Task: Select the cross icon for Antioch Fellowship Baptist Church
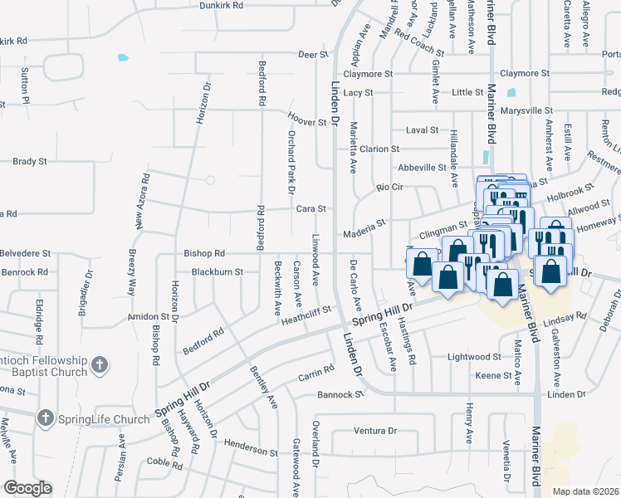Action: tap(99, 364)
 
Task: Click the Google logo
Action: tap(27, 488)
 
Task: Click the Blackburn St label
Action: tap(217, 271)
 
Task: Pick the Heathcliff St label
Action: tap(306, 314)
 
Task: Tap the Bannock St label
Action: tap(340, 395)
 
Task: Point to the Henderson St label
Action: tap(250, 452)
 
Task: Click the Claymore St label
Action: tap(369, 74)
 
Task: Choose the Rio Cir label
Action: tap(389, 188)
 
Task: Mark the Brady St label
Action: tap(30, 162)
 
